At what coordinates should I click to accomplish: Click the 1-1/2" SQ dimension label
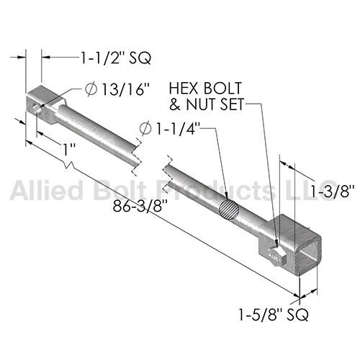[x=116, y=58]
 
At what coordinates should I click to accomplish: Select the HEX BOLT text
[x=205, y=88]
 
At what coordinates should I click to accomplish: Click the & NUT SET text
[x=207, y=104]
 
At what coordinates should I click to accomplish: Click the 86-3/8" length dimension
[x=140, y=206]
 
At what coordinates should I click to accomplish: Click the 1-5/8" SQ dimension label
[x=273, y=315]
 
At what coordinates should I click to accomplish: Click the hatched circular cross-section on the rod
[x=229, y=210]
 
